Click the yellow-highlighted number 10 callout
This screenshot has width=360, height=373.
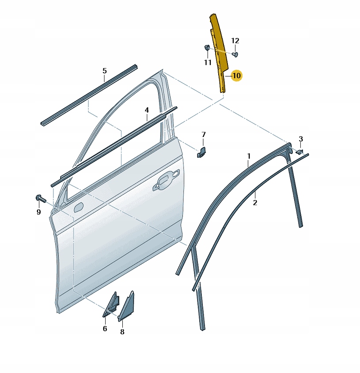pyautogui.click(x=236, y=76)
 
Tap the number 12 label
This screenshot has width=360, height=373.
pyautogui.click(x=235, y=41)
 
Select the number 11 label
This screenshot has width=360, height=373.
pyautogui.click(x=208, y=62)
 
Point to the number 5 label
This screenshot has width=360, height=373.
pyautogui.click(x=105, y=71)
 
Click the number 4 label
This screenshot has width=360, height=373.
pyautogui.click(x=147, y=110)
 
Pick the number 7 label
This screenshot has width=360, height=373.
pyautogui.click(x=204, y=135)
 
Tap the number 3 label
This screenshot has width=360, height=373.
pyautogui.click(x=301, y=139)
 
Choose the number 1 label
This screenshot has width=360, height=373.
pyautogui.click(x=249, y=156)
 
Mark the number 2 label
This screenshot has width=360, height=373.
pyautogui.click(x=255, y=203)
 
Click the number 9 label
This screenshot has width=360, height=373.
pyautogui.click(x=38, y=212)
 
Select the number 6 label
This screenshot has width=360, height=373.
pyautogui.click(x=105, y=328)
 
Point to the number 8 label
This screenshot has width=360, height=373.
pyautogui.click(x=122, y=331)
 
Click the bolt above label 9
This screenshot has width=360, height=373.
pyautogui.click(x=41, y=198)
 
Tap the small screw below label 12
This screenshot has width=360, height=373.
pyautogui.click(x=235, y=55)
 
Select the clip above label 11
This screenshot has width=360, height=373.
pyautogui.click(x=207, y=48)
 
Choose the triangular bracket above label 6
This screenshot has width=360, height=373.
pyautogui.click(x=111, y=305)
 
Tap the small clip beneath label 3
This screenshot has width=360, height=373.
pyautogui.click(x=299, y=152)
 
